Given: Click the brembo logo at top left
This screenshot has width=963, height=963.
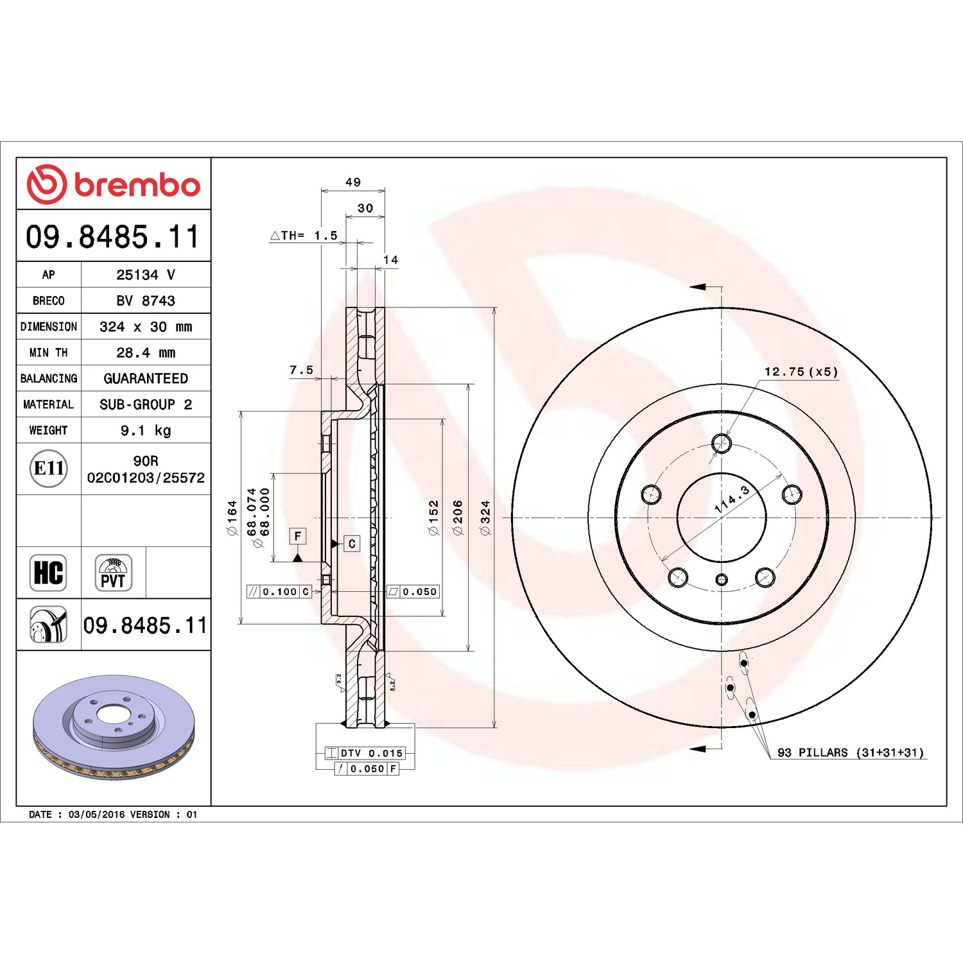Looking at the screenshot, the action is pos(114,184).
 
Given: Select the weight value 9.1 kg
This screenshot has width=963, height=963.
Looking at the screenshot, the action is pos(146,430).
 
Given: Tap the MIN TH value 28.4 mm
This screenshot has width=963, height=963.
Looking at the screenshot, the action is pos(146,352).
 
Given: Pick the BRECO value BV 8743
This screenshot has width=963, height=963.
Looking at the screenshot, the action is pos(146,300).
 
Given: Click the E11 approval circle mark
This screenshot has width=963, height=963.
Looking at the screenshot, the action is pos(49,469).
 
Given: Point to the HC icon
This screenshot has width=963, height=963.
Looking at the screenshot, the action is pos(48,573).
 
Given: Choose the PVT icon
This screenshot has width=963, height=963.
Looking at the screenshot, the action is pos(114,573).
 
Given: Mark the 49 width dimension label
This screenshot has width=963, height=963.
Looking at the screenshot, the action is pos(353,182).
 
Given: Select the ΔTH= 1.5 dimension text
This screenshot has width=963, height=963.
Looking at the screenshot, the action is pos(304,236).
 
